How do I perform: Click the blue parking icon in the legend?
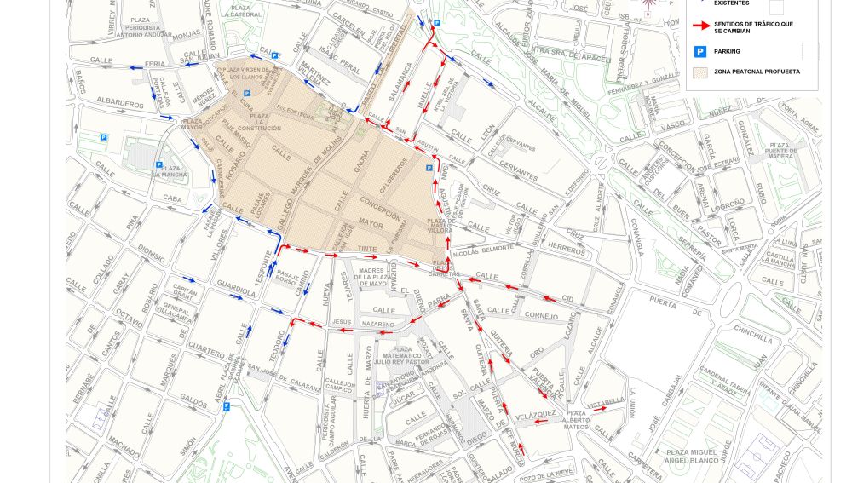[700, 52]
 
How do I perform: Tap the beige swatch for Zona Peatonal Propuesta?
[700, 72]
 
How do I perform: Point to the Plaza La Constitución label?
[260, 122]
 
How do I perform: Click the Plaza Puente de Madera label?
[780, 151]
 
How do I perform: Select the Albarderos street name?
[120, 104]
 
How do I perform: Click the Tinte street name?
[367, 248]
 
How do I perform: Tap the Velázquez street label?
[536, 414]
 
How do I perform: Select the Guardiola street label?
[234, 288]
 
